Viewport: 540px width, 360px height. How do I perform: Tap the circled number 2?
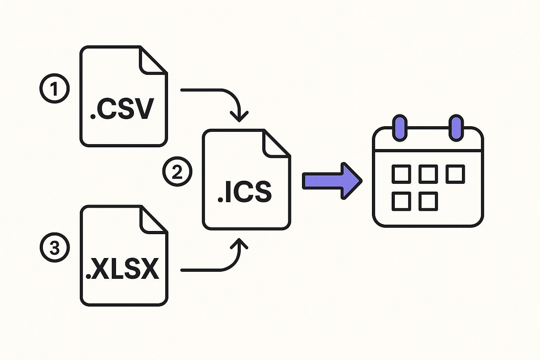[177, 172]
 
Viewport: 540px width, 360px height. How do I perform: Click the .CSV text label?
[122, 109]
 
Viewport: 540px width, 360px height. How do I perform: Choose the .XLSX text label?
[123, 269]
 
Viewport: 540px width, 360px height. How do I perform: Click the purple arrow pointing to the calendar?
[332, 181]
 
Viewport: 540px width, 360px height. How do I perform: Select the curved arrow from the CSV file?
[225, 96]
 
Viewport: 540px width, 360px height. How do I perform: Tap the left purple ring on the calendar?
[400, 128]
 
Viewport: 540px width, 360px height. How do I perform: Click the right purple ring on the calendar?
[456, 128]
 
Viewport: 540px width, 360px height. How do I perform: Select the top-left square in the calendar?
[401, 174]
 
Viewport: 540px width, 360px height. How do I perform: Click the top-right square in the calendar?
[455, 174]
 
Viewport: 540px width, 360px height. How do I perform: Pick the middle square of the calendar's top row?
[428, 174]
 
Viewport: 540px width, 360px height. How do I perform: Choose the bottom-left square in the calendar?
[401, 201]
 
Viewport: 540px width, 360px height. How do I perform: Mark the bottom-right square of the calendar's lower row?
[428, 201]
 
